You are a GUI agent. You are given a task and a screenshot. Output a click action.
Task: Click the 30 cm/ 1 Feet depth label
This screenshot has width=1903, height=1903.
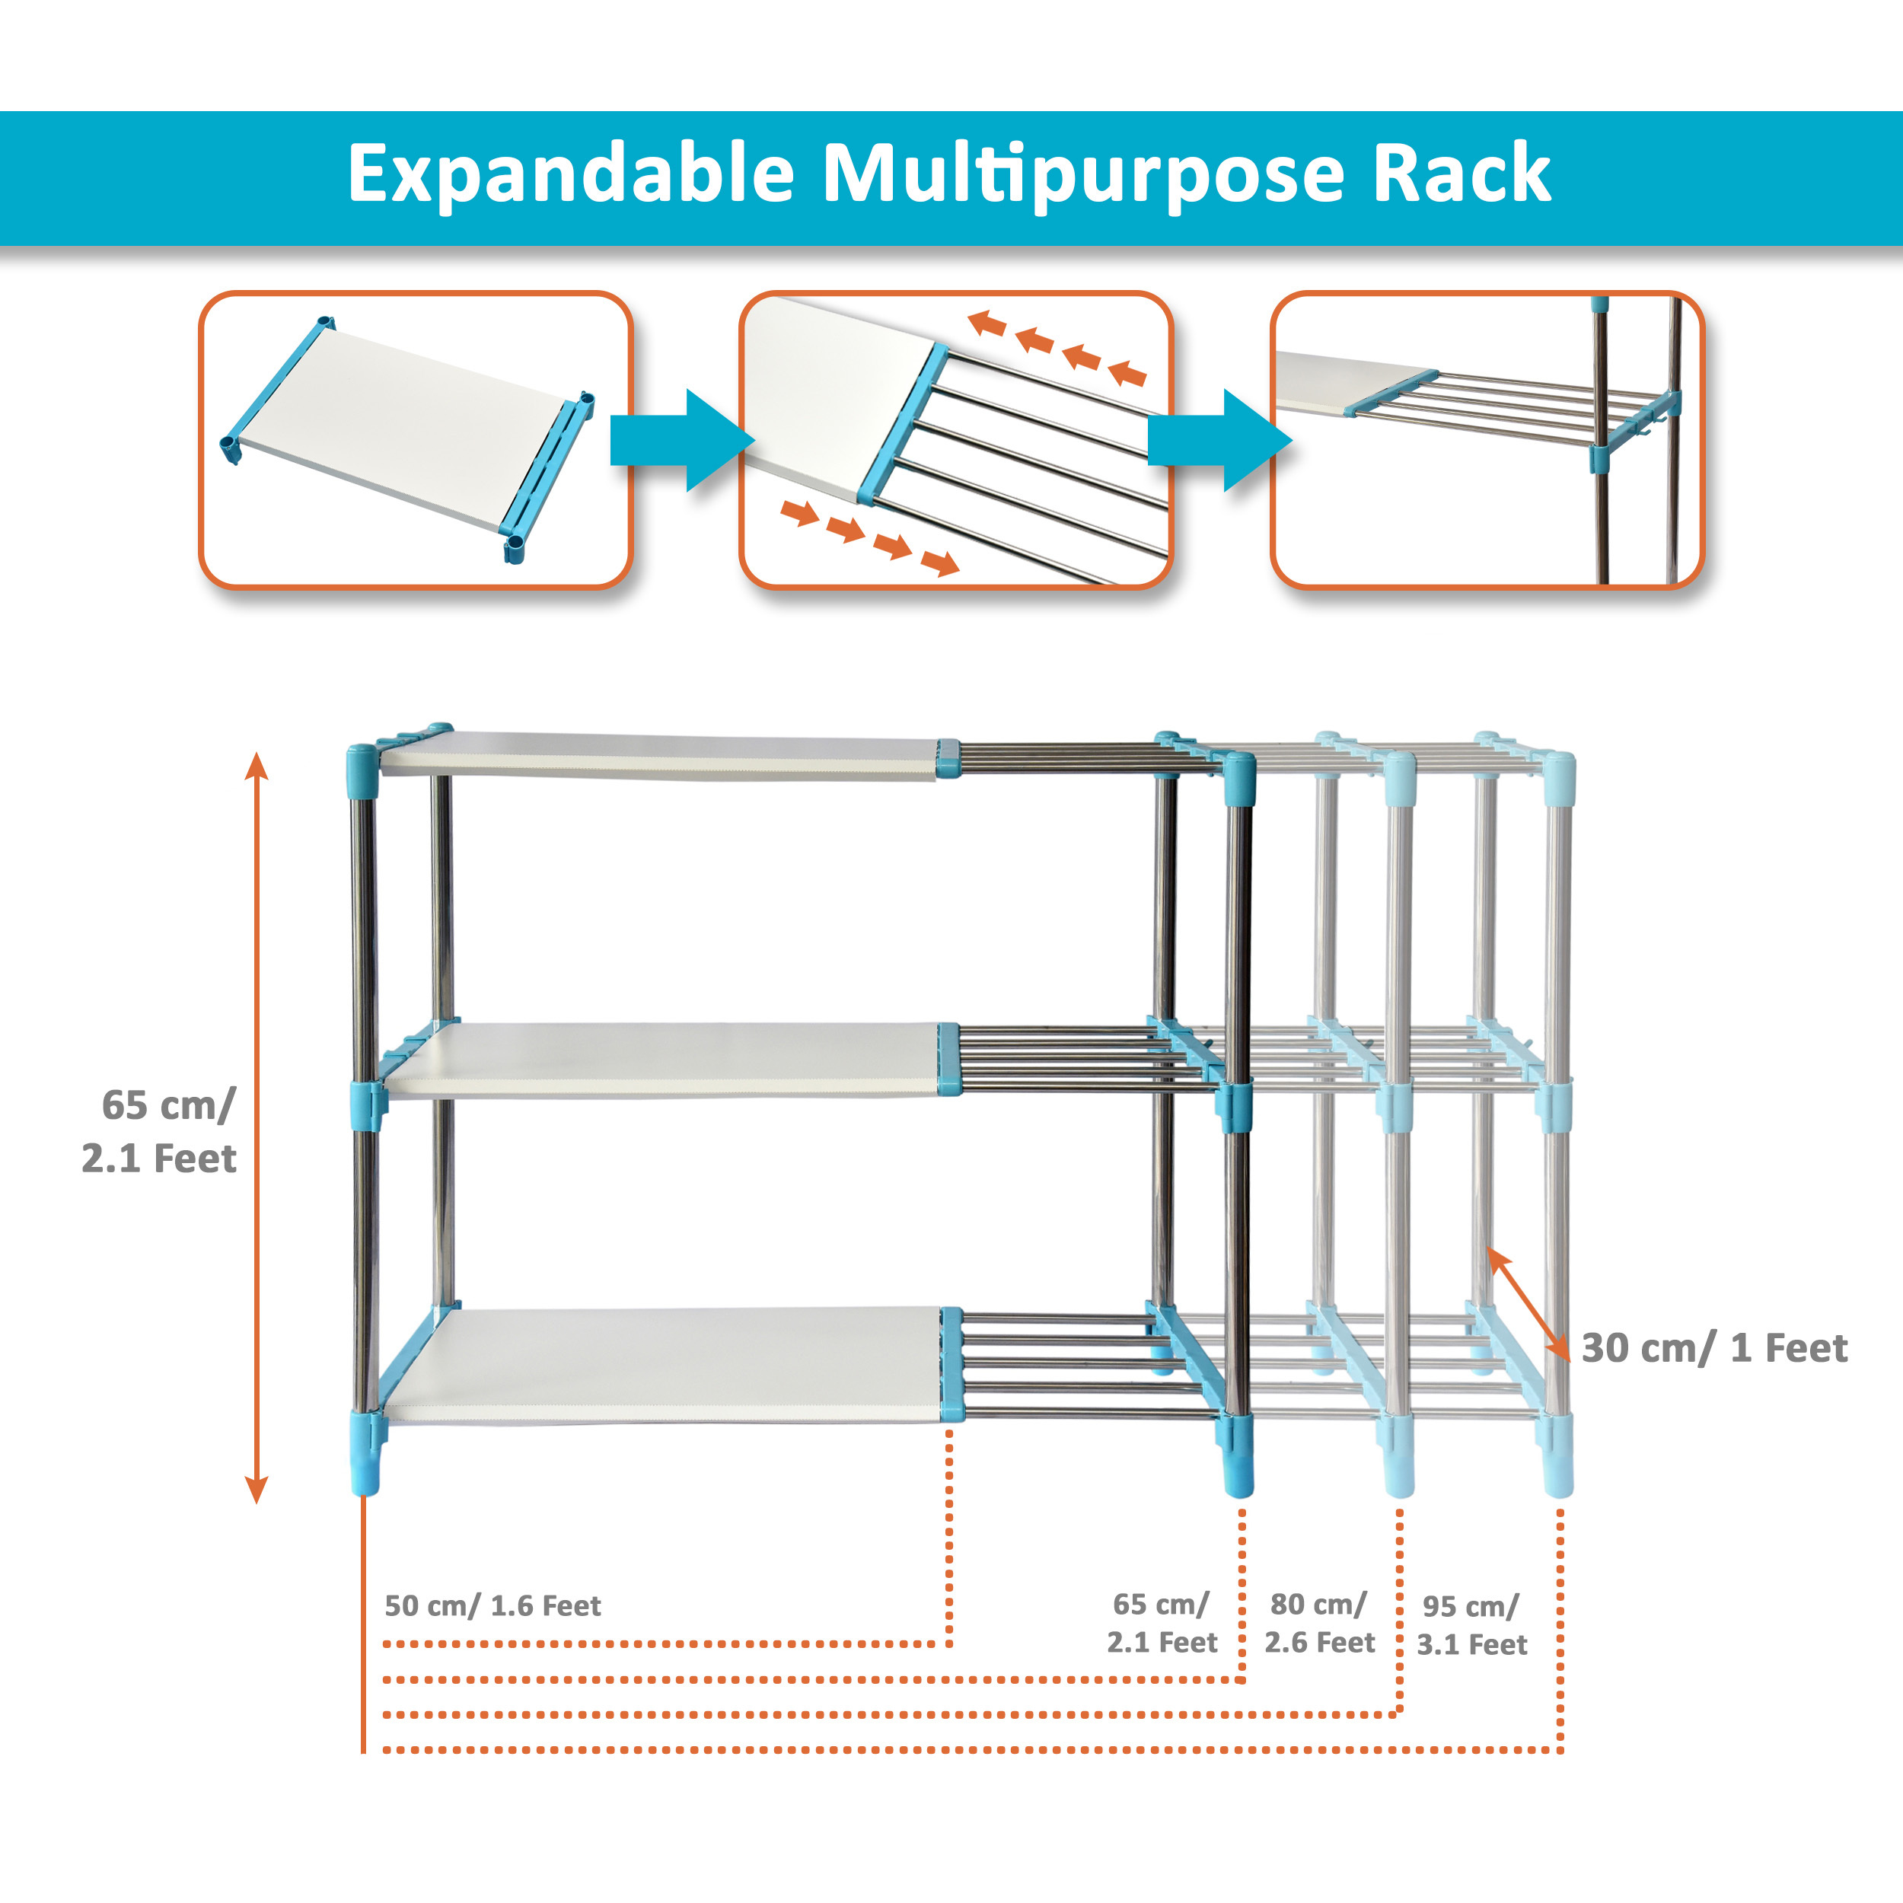click(1714, 1347)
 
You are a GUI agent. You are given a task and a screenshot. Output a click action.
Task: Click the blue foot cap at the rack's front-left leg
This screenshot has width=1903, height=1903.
click(365, 1467)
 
